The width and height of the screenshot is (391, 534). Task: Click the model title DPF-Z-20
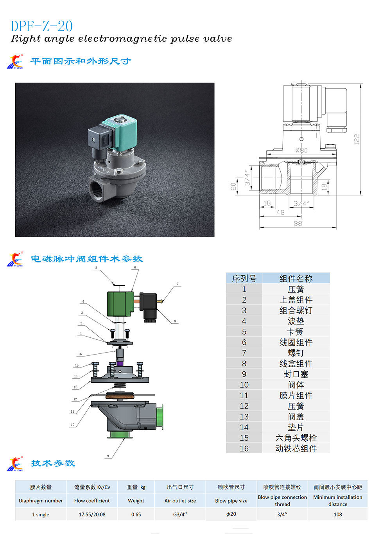[x=41, y=26]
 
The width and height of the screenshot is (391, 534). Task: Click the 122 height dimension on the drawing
[x=357, y=139]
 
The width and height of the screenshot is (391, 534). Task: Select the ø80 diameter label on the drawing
[x=301, y=150]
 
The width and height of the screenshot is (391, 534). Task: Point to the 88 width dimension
[x=298, y=223]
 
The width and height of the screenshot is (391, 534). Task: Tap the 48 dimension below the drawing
[x=280, y=212]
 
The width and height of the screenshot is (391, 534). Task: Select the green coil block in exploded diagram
[x=120, y=304]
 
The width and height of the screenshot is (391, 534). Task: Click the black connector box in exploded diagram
[x=148, y=306]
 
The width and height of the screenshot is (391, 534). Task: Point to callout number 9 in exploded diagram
[x=108, y=456]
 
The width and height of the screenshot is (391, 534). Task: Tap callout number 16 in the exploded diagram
[x=80, y=354]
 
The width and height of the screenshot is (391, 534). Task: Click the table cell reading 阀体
[x=296, y=385]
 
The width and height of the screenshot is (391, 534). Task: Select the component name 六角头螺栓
[x=296, y=438]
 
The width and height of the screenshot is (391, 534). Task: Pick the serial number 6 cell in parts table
[x=244, y=342]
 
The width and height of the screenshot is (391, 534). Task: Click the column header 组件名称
[x=296, y=278]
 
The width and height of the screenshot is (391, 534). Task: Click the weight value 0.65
[x=136, y=514]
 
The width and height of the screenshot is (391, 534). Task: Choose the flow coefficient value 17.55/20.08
[x=92, y=514]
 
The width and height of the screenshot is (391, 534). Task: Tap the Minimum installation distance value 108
[x=337, y=514]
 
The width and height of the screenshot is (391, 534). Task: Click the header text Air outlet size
[x=180, y=501]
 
